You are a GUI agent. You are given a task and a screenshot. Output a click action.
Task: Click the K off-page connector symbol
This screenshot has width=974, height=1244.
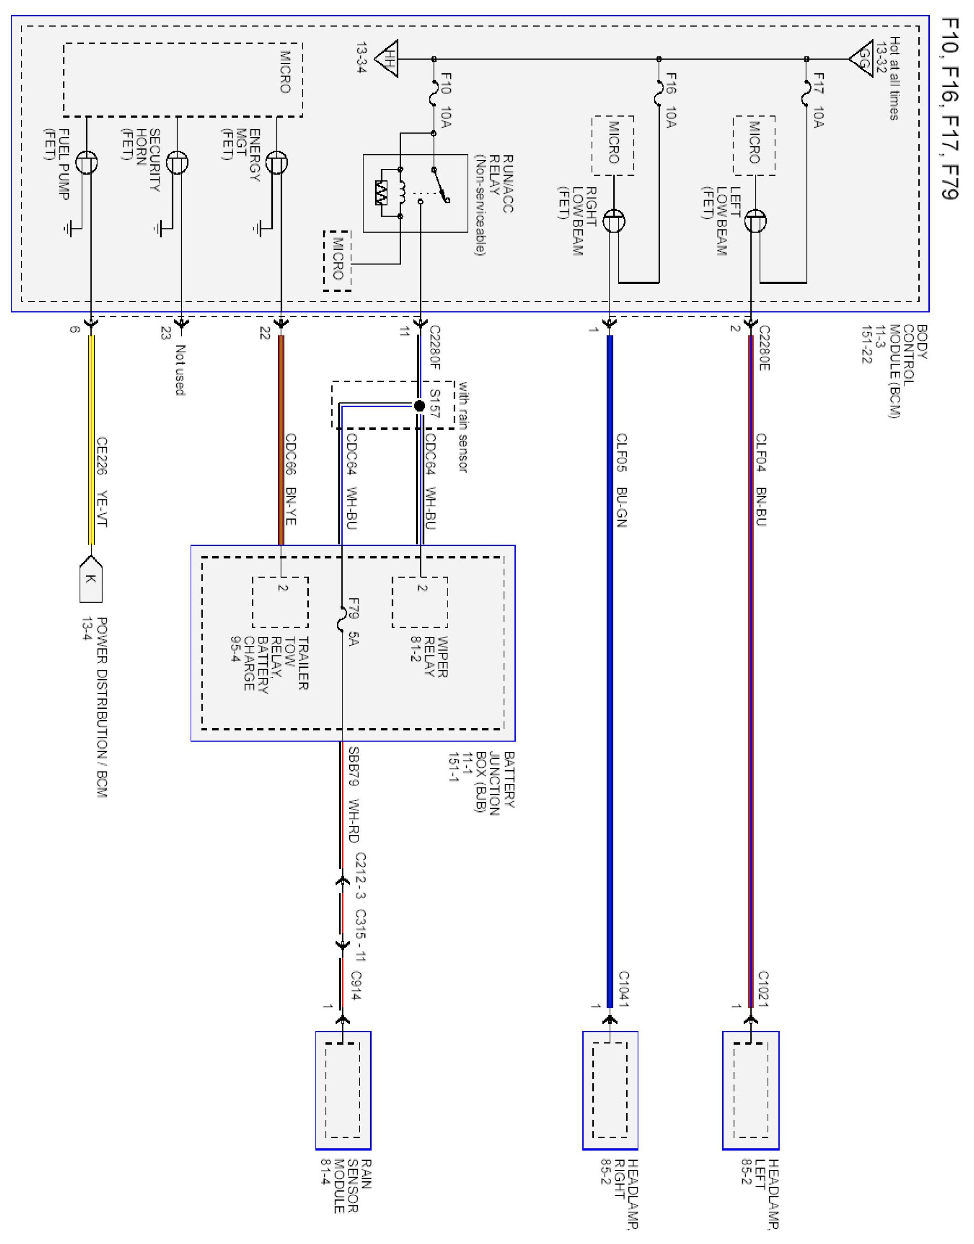click(90, 579)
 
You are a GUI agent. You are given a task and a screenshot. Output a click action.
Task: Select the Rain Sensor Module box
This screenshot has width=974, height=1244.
click(343, 1090)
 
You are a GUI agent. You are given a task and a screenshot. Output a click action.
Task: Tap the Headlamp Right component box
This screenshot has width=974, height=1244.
click(610, 1090)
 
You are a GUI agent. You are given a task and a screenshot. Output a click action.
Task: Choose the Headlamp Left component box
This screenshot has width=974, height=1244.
click(750, 1090)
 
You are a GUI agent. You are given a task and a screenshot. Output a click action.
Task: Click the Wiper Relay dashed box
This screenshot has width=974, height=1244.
click(420, 602)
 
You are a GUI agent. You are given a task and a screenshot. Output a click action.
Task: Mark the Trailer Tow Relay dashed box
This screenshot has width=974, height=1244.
click(280, 602)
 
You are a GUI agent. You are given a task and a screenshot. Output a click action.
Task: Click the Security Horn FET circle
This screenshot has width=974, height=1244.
click(177, 162)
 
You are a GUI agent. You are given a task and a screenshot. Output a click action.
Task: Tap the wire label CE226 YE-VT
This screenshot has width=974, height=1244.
click(102, 482)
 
